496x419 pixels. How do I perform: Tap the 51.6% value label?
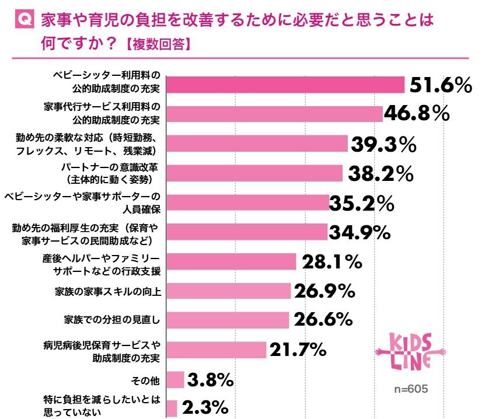point(440,85)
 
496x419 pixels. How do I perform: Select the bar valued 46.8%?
point(275,114)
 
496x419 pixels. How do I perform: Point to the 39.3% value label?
point(383,144)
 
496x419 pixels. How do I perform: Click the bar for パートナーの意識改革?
point(254,173)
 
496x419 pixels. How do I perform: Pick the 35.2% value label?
point(362,203)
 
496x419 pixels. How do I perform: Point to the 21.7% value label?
point(297,350)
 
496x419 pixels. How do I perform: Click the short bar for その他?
point(176,379)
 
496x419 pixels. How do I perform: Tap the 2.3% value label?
point(204,408)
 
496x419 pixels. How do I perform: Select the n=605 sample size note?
point(412,388)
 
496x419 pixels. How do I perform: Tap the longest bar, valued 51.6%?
point(286,85)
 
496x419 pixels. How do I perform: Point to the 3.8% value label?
point(211,379)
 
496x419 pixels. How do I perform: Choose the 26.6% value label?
point(323,320)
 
